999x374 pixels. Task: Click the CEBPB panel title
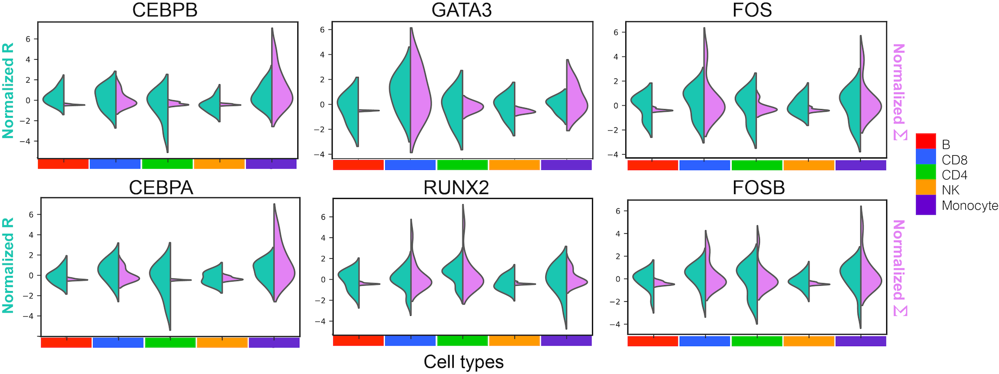(165, 10)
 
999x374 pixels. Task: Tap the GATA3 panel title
(462, 10)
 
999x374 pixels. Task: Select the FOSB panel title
(758, 188)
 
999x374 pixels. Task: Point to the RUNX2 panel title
(456, 188)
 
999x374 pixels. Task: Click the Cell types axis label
(464, 362)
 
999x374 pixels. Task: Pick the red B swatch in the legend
(925, 141)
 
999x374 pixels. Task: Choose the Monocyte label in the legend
(969, 206)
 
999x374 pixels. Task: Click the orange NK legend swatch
(925, 187)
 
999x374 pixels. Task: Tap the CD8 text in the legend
(954, 160)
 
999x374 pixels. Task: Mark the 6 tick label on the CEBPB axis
(29, 39)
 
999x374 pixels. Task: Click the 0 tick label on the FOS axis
(616, 105)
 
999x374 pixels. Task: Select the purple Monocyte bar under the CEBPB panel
(271, 164)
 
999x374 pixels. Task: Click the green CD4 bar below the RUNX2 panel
(462, 341)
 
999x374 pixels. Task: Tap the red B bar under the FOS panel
(652, 165)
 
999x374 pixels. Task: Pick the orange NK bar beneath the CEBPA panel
(222, 343)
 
